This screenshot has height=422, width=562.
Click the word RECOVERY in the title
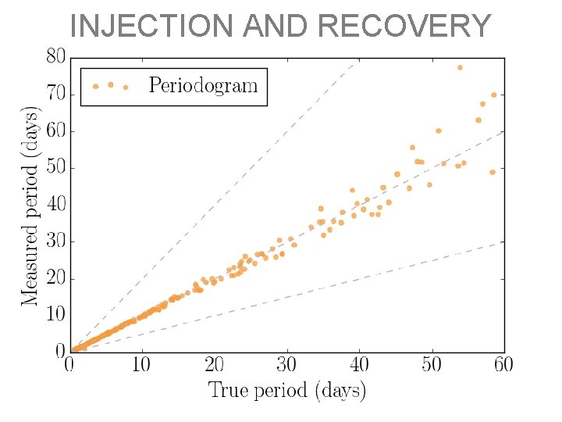405,26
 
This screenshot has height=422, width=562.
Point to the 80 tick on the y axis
55,57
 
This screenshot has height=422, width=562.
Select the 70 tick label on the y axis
55,95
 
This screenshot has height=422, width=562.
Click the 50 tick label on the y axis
55,168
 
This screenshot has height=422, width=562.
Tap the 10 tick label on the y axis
55,315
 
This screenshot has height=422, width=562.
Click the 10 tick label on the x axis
141,364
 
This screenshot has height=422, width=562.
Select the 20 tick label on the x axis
214,364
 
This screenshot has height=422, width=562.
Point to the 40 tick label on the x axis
359,364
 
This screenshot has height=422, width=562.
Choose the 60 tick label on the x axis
503,364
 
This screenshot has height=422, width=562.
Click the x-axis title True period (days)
286,390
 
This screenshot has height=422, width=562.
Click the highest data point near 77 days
460,67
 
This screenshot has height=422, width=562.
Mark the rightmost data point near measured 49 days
493,172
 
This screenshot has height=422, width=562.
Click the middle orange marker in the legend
110,84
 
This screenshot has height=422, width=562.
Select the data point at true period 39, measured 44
352,190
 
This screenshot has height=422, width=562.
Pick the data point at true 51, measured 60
439,131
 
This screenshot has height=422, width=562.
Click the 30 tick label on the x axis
286,364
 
